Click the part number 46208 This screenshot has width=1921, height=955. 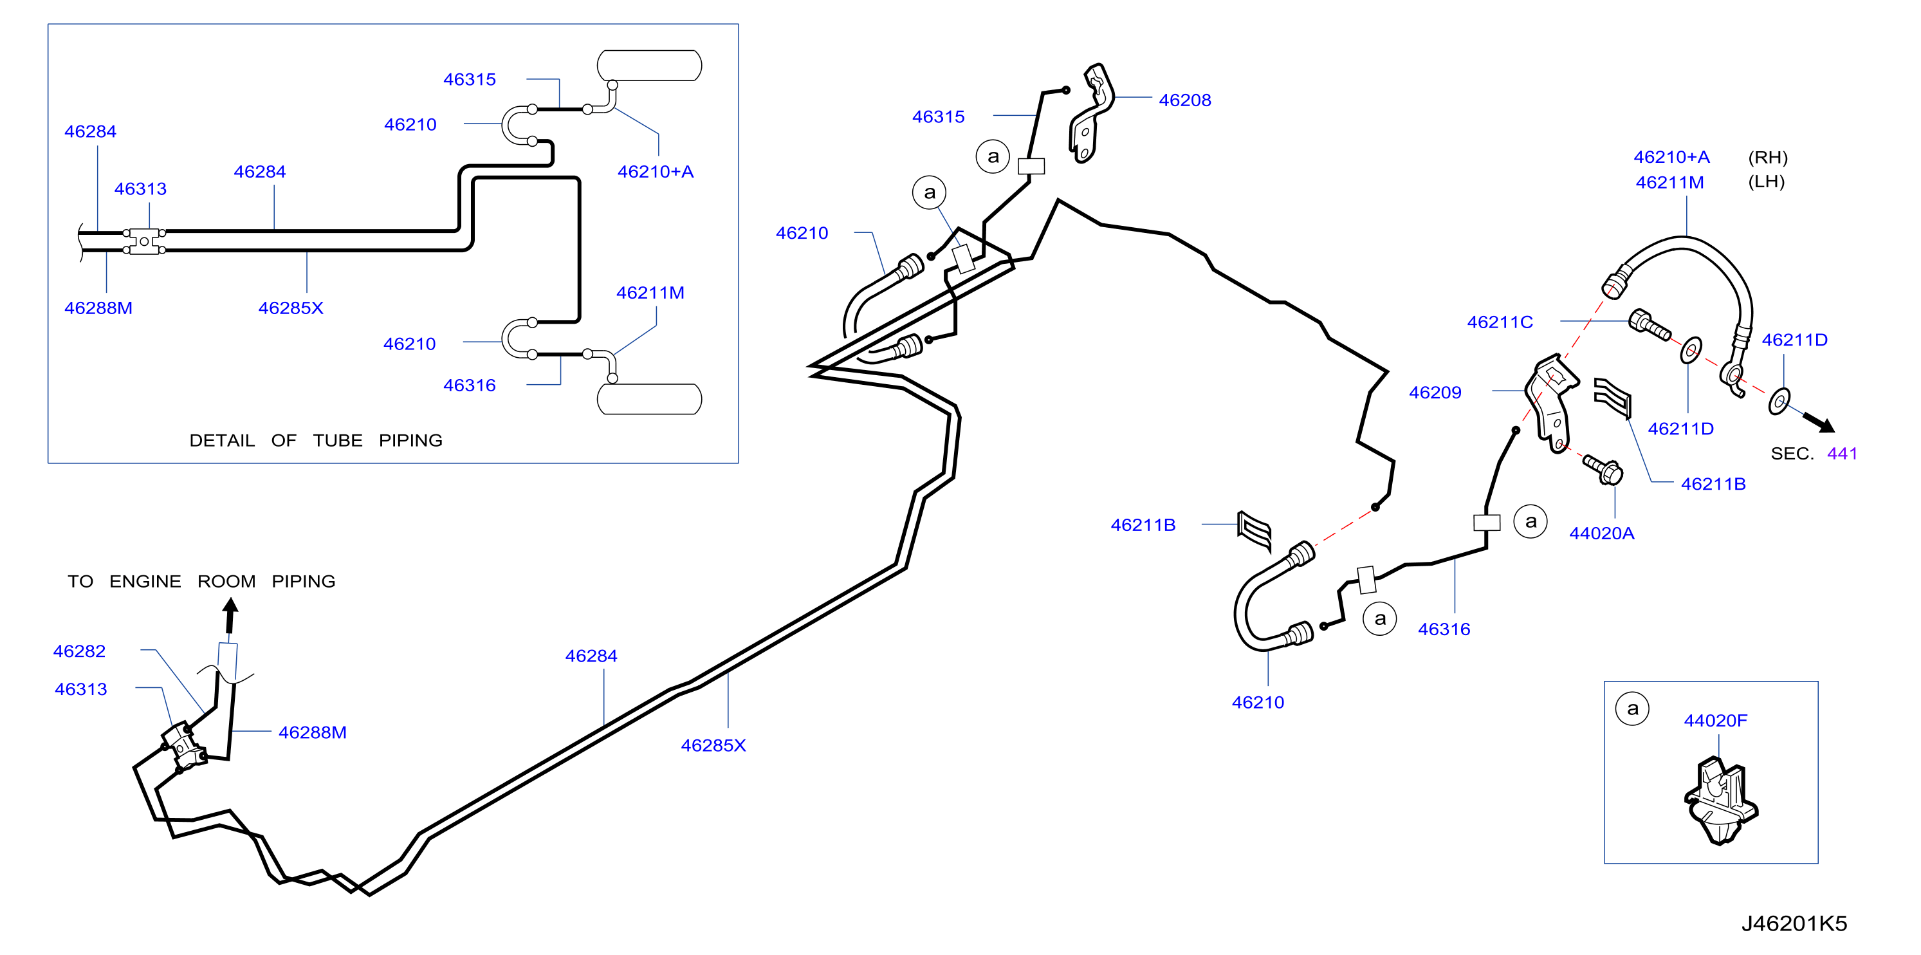[x=1184, y=100]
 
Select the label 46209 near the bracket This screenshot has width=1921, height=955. [x=1435, y=393]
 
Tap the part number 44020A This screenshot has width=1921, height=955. [x=1602, y=533]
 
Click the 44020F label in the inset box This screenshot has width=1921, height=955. [x=1715, y=721]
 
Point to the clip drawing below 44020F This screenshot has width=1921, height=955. [x=1720, y=801]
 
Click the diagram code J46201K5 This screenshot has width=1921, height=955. [x=1794, y=923]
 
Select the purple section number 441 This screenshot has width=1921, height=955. [x=1842, y=454]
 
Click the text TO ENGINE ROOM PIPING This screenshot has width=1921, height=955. [x=201, y=581]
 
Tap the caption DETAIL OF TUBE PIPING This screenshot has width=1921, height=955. [x=315, y=440]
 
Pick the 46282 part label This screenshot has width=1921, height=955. [x=79, y=651]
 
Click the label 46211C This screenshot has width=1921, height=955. [x=1500, y=322]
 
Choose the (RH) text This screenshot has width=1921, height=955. [x=1768, y=158]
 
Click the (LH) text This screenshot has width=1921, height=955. [x=1767, y=181]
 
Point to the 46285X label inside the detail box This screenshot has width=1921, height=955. [x=291, y=308]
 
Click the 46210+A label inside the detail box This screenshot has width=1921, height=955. [x=656, y=172]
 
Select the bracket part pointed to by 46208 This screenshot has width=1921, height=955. [x=1091, y=113]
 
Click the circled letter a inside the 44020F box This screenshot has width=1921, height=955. [x=1632, y=709]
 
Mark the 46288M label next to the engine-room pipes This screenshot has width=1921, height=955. [x=313, y=733]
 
